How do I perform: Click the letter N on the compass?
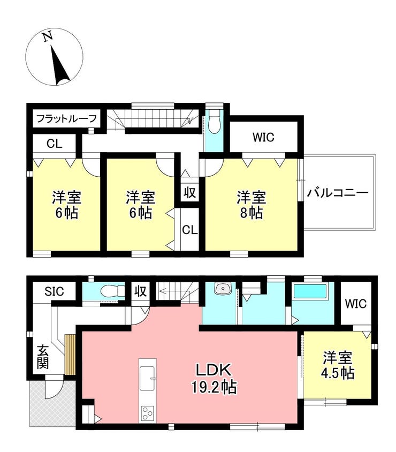coord(48,36)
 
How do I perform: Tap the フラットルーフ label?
coord(66,118)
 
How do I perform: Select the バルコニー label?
coord(337,193)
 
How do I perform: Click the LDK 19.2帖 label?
coord(214,378)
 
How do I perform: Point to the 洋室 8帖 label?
coord(251,205)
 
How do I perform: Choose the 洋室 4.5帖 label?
coord(338,365)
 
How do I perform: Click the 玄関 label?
coord(43,357)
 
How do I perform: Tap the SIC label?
coord(54,291)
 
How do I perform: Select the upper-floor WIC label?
coord(263,137)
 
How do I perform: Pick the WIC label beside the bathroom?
coord(356,304)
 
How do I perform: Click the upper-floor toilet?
coord(214,122)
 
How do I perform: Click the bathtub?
coord(310,291)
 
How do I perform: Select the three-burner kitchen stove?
coord(148,414)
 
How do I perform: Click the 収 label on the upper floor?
coord(190,193)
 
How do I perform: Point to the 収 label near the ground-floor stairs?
coord(141,291)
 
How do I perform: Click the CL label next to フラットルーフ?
coord(55,144)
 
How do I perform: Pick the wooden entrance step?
coord(70,355)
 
